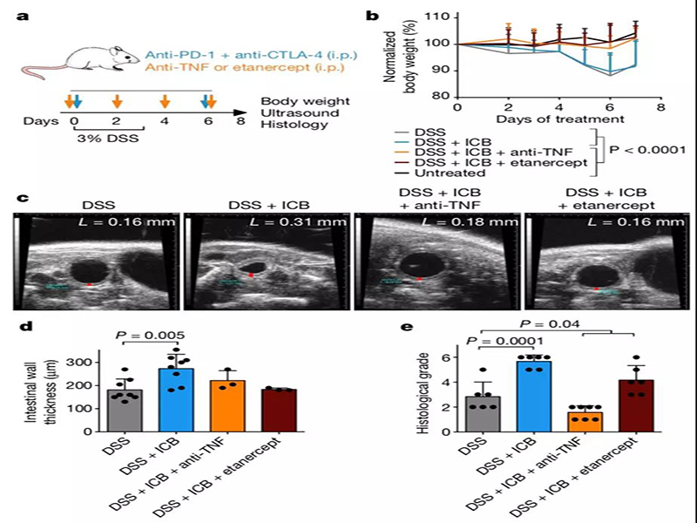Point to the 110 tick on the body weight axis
click(442, 17)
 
